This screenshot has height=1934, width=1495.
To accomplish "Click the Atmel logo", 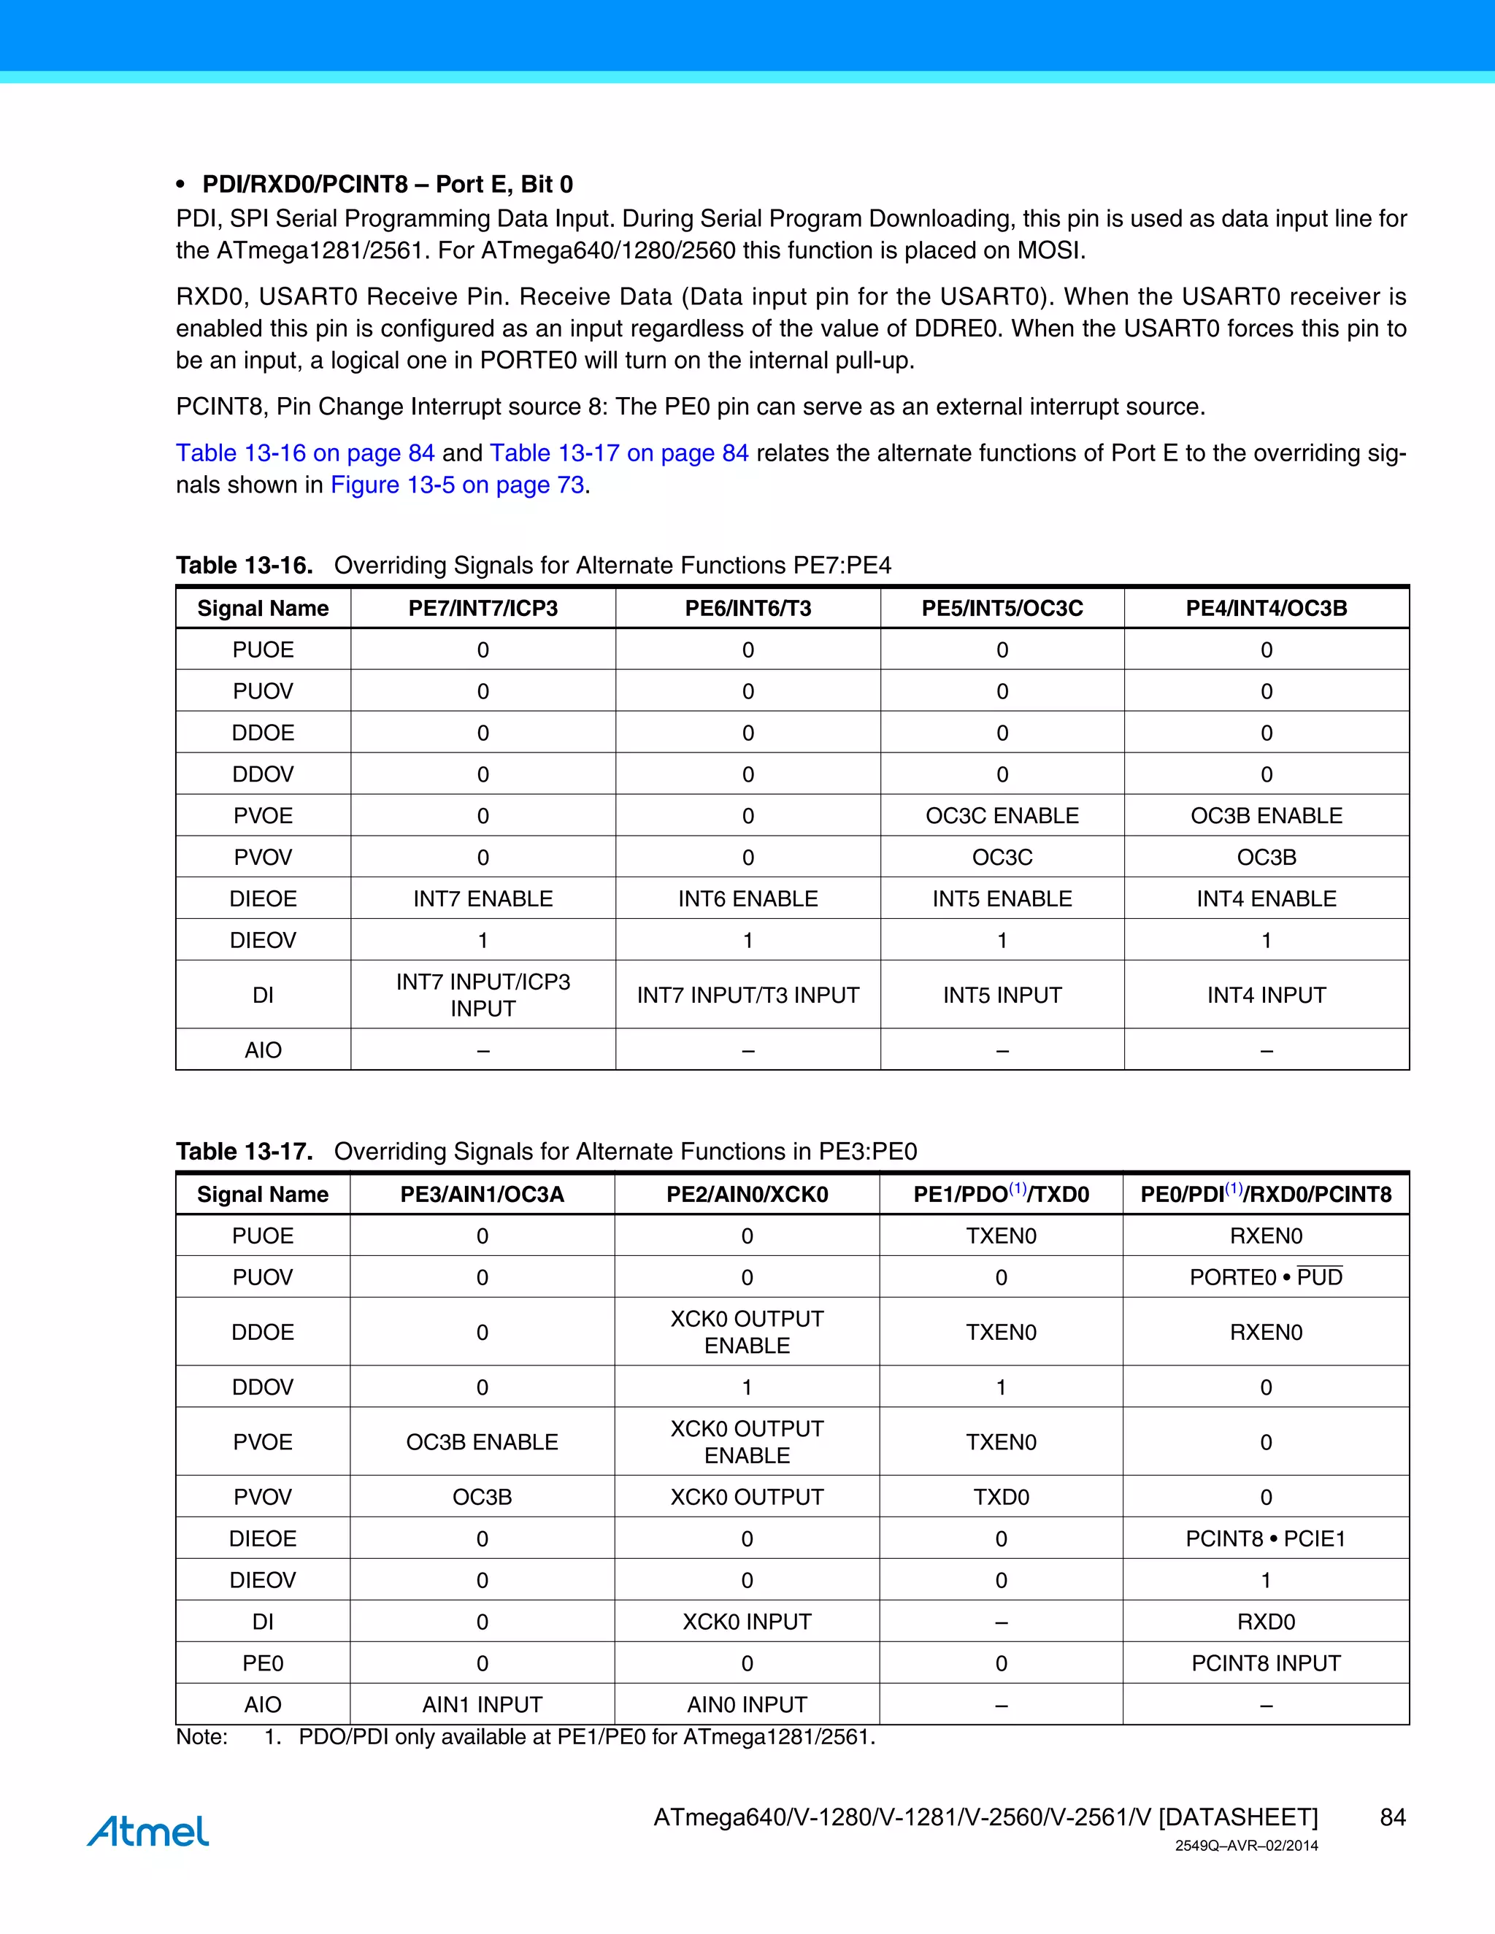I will point(148,1830).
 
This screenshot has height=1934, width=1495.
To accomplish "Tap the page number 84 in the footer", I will point(1392,1817).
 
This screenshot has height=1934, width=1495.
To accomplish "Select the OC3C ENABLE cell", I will point(1002,816).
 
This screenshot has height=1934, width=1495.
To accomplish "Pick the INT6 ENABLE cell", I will point(747,899).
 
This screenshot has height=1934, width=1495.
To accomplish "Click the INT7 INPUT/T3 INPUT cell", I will point(747,995).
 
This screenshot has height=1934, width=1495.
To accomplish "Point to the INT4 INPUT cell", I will point(1266,995).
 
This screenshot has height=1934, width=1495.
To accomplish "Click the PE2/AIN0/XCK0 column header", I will point(747,1195).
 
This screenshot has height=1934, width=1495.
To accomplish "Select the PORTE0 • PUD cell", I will point(1266,1277).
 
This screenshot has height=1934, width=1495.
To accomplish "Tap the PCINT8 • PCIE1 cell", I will point(1266,1538).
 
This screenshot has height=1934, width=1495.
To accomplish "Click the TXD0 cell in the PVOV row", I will point(1001,1497).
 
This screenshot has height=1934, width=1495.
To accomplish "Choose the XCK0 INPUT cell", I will point(747,1622).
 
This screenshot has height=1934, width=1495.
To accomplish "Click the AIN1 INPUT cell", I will point(482,1705).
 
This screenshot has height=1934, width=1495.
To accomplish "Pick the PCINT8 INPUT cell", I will point(1266,1663).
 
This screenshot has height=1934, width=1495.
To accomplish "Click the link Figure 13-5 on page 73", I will point(457,485).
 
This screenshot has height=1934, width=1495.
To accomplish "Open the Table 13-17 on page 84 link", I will point(619,453).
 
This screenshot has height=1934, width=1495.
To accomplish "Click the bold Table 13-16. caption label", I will point(245,565).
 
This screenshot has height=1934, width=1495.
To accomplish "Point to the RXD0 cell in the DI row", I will point(1266,1622).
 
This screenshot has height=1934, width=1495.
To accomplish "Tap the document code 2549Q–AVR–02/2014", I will point(1246,1846).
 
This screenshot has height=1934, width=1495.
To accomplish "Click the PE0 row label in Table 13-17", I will point(263,1663).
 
